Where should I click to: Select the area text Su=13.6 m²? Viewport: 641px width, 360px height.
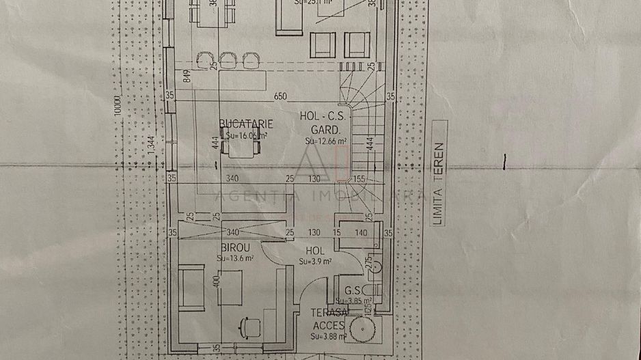pyautogui.click(x=235, y=259)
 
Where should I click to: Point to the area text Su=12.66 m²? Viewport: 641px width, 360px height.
pyautogui.click(x=326, y=141)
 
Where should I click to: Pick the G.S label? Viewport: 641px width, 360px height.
pyautogui.click(x=353, y=290)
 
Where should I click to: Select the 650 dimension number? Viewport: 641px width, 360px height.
pyautogui.click(x=280, y=96)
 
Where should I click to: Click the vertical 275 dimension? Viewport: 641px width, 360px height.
pyautogui.click(x=368, y=263)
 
